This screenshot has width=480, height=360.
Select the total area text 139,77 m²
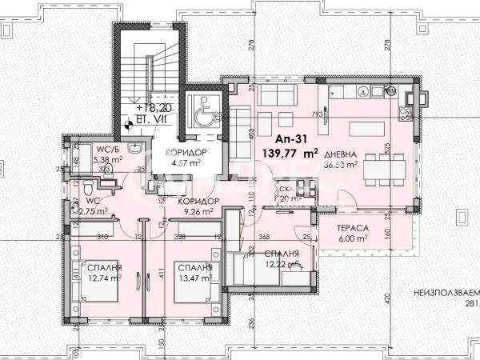295,150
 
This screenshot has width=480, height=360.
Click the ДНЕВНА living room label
365,155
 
